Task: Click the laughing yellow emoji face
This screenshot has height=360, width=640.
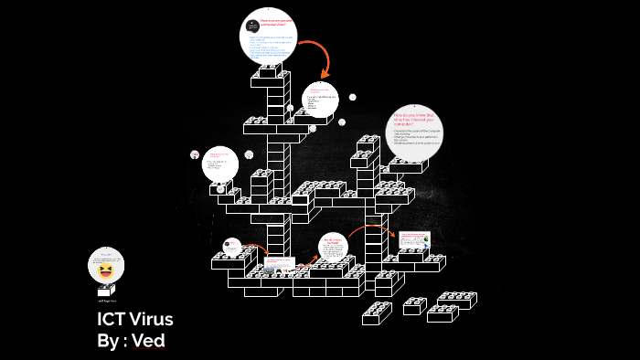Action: pyautogui.click(x=106, y=270)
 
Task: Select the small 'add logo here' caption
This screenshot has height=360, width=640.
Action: pyautogui.click(x=106, y=300)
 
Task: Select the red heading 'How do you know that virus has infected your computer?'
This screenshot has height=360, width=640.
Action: pyautogui.click(x=416, y=120)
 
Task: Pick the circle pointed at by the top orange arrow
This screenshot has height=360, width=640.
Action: pyautogui.click(x=320, y=101)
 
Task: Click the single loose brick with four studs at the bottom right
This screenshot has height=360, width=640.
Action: pyautogui.click(x=414, y=306)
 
